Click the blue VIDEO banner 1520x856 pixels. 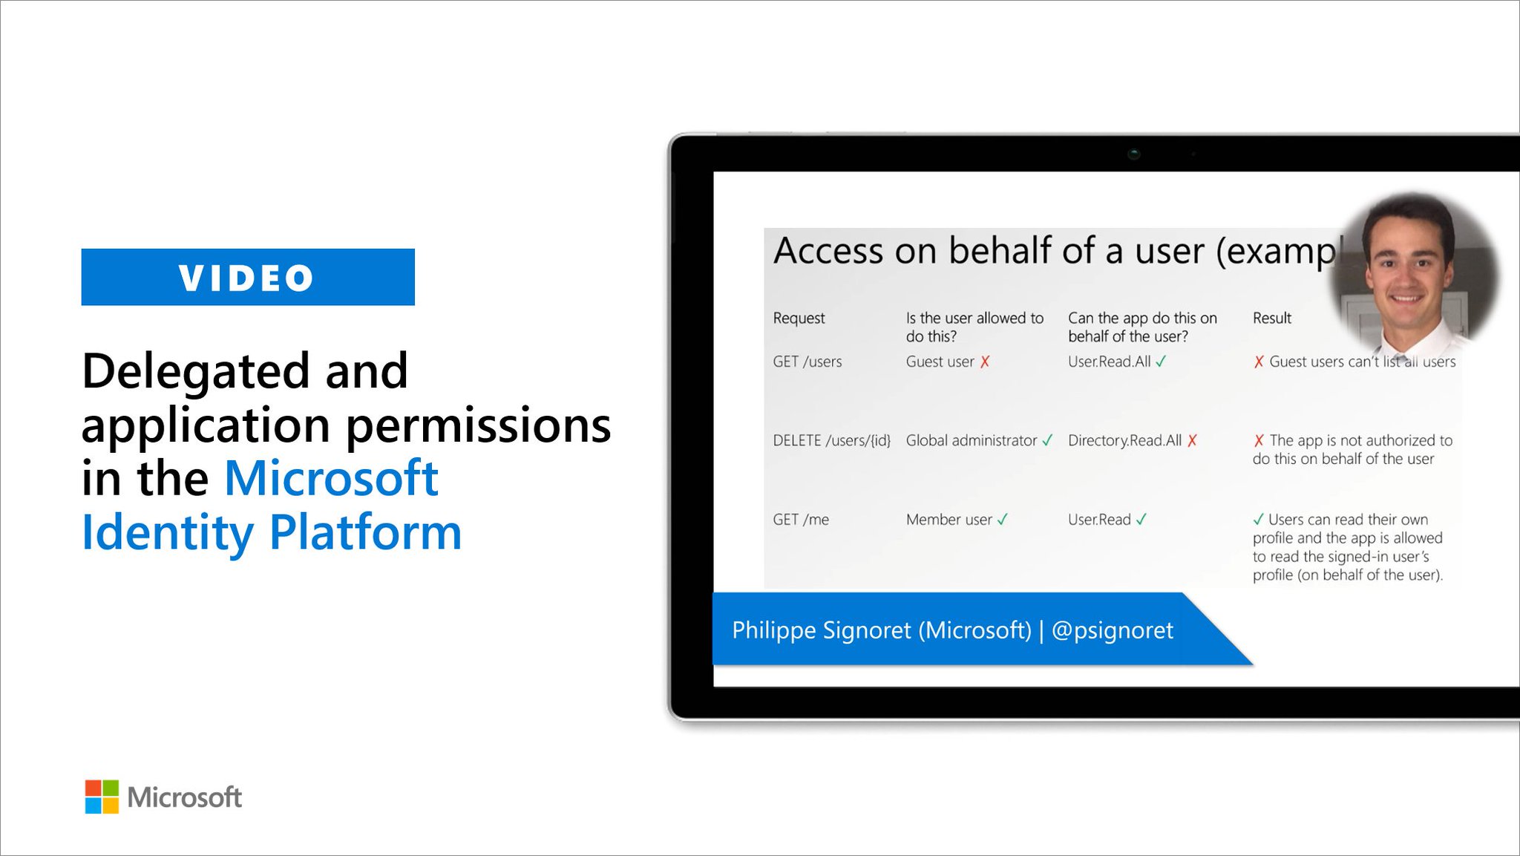[x=248, y=277]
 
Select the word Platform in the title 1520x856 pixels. [x=365, y=532]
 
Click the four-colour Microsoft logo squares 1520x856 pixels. [x=102, y=797]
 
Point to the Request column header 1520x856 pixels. [x=799, y=318]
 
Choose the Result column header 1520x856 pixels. [x=1271, y=318]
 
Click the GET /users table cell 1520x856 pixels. [x=807, y=362]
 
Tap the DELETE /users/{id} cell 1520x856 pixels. [x=831, y=440]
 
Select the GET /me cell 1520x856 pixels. [x=800, y=520]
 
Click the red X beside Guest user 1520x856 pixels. [x=985, y=362]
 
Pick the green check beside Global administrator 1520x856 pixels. [x=1047, y=440]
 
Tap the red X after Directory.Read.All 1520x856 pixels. [x=1192, y=440]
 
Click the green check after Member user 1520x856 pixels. [x=1003, y=520]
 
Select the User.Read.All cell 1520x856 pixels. [x=1109, y=362]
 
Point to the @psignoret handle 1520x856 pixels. [x=1113, y=630]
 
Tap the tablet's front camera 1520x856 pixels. [x=1133, y=154]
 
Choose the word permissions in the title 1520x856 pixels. [x=478, y=425]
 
